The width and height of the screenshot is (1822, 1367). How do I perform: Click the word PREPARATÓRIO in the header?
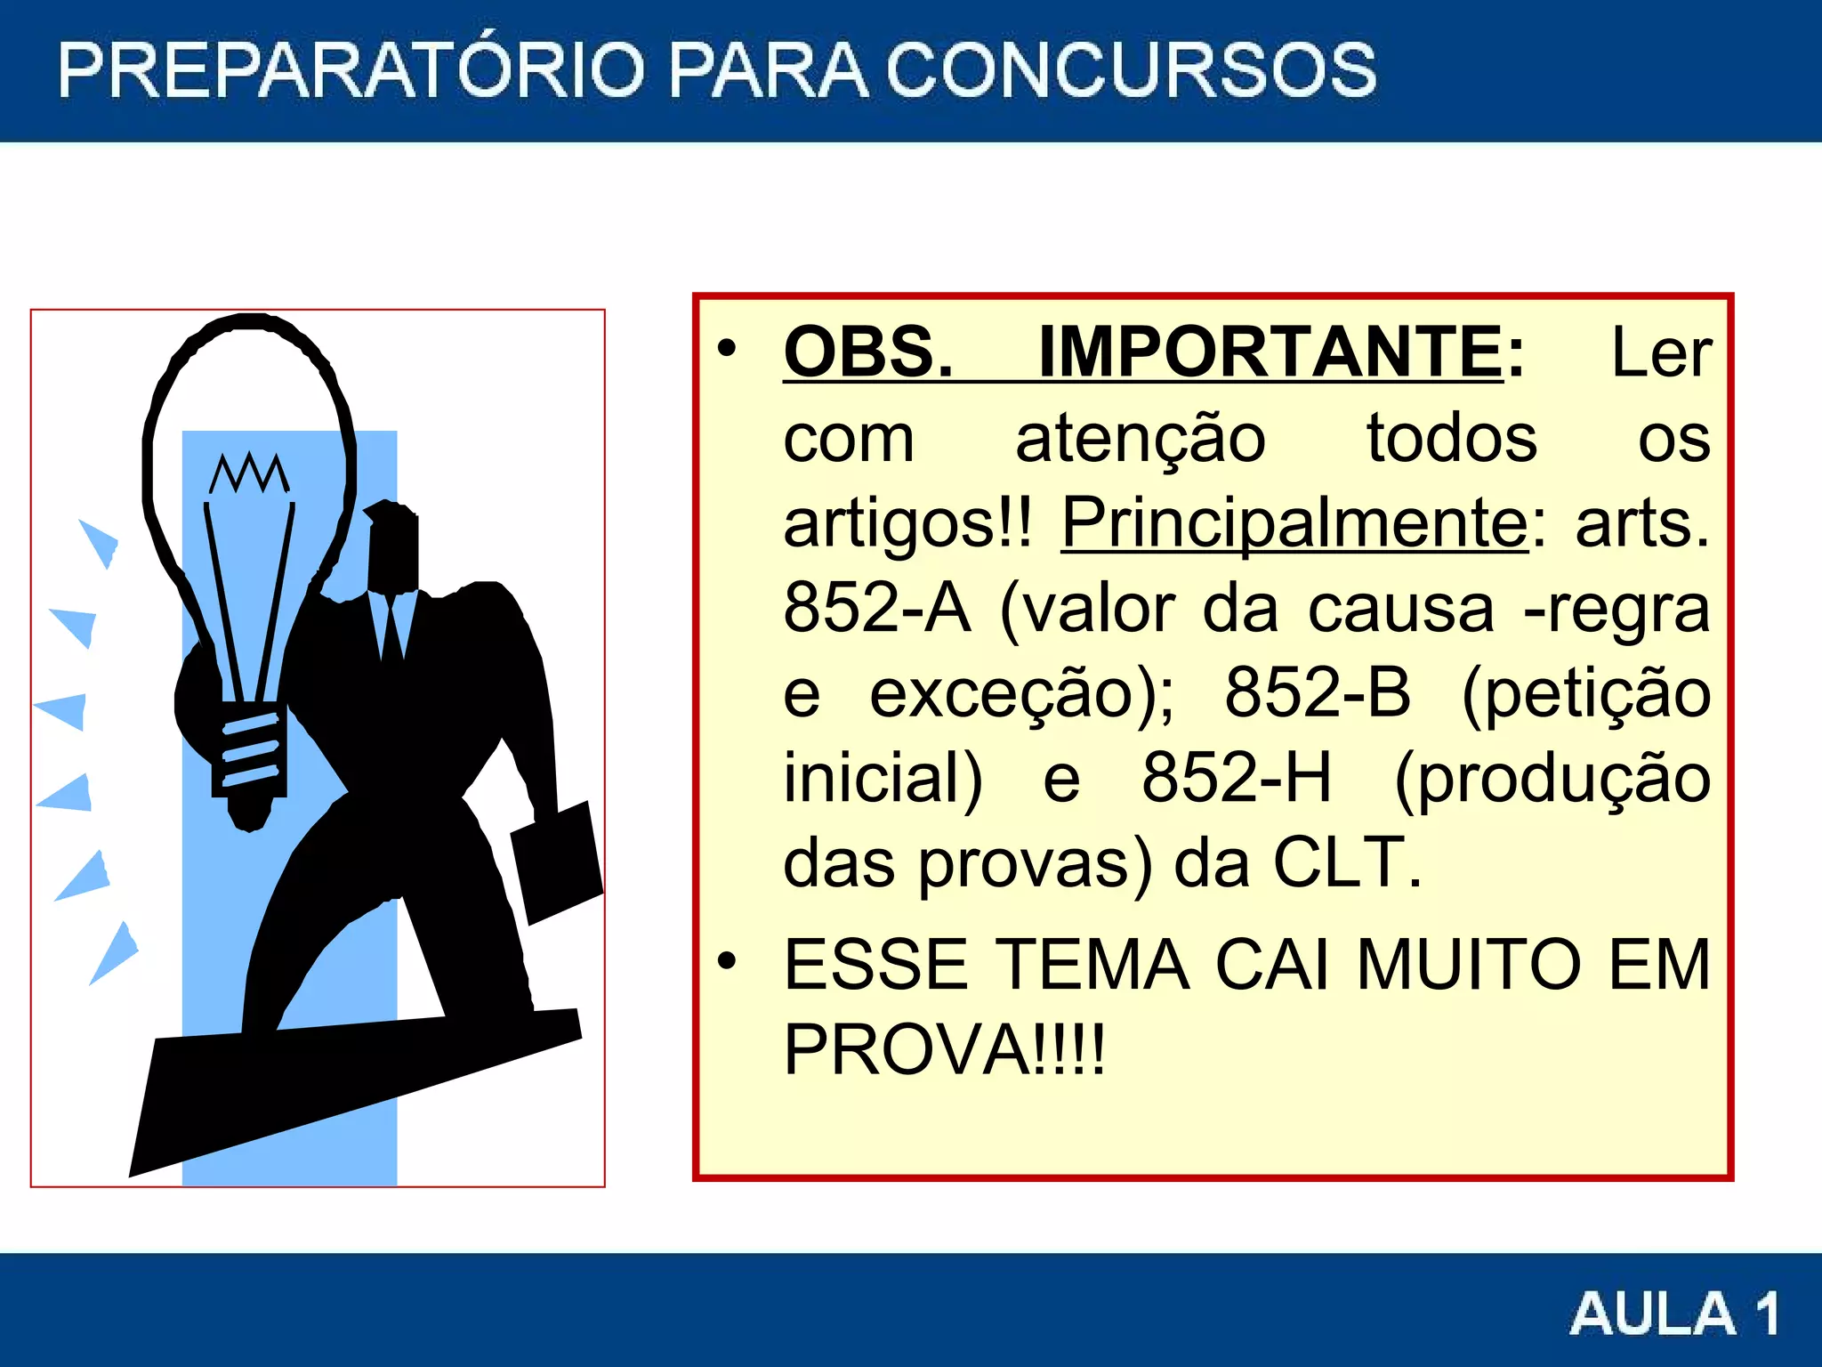(x=351, y=70)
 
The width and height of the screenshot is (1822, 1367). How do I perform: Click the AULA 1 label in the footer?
(x=1674, y=1313)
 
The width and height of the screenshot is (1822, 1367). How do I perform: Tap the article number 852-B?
(x=1318, y=692)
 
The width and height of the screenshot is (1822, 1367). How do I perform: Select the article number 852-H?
(x=1237, y=778)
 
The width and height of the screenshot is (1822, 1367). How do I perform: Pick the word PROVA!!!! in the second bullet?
(x=944, y=1050)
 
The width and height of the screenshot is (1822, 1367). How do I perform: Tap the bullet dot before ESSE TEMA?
(x=728, y=961)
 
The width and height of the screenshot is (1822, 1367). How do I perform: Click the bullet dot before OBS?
(x=728, y=349)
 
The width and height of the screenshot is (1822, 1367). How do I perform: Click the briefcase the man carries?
(x=558, y=861)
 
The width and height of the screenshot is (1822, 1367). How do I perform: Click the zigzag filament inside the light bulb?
(x=249, y=473)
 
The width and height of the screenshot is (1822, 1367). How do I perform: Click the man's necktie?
(x=391, y=627)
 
